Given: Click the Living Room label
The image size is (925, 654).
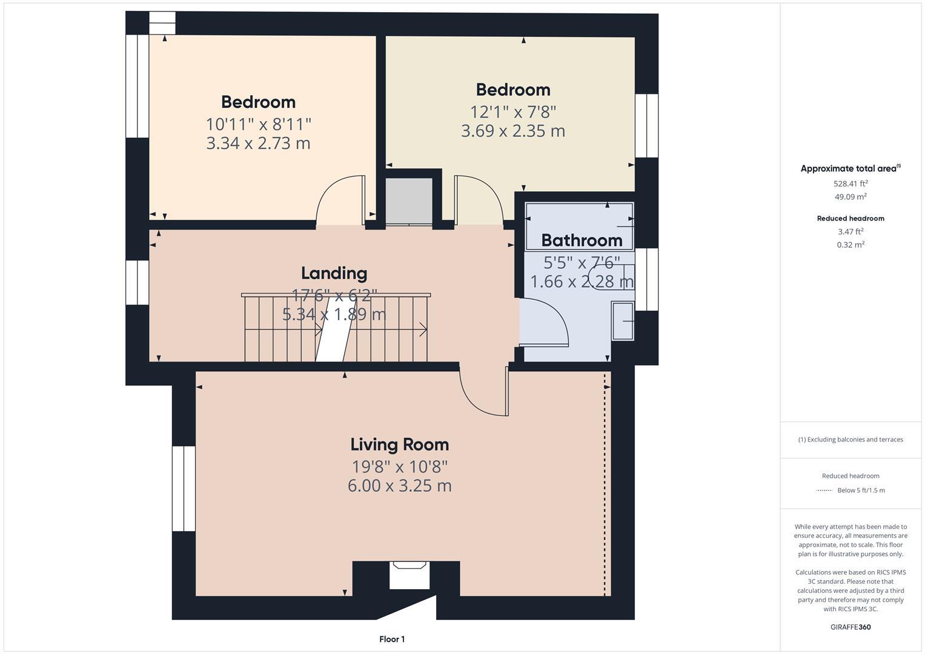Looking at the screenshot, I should tap(399, 444).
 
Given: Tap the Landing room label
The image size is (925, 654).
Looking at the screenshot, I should tap(334, 273).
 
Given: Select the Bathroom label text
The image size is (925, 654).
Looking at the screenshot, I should tap(582, 240).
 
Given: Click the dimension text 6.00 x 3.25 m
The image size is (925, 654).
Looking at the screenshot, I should tap(399, 486).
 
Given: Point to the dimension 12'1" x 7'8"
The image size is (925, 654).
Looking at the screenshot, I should tap(513, 112).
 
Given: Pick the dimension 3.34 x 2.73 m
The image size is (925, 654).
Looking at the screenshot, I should tap(258, 144).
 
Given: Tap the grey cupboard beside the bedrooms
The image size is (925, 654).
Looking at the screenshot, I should tap(409, 200).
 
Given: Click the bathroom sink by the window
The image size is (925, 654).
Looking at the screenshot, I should tap(623, 321).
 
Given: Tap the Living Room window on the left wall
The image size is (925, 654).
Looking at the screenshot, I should tap(184, 489).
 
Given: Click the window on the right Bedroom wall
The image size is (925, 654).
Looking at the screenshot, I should tap(646, 125).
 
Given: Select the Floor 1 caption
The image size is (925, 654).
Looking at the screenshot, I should tap(392, 639).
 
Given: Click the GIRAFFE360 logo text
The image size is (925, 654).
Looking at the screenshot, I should tap(850, 627).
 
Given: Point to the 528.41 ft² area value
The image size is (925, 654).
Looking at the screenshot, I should tap(850, 183).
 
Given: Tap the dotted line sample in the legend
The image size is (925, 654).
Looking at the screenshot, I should tap(824, 490).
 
